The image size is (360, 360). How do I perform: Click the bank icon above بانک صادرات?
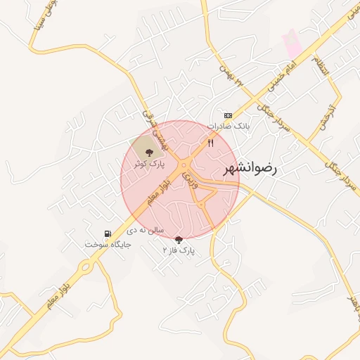(x=228, y=115)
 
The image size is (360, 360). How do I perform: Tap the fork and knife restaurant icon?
(x=210, y=143)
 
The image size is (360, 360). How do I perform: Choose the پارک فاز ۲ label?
(x=179, y=250)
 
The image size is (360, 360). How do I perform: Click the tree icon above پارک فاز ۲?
(x=178, y=239)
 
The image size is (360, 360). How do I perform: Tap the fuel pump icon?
(x=107, y=233)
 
